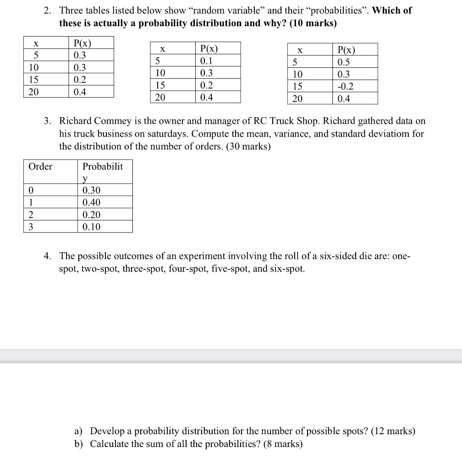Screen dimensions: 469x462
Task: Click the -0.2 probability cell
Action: [x=345, y=87]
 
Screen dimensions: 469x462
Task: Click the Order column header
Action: [x=40, y=166]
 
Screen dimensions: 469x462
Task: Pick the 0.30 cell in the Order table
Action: [x=91, y=191]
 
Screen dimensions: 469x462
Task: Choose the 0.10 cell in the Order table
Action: [x=91, y=227]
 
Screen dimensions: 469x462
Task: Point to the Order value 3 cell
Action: [x=31, y=227]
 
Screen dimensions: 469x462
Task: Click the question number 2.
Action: [x=48, y=10]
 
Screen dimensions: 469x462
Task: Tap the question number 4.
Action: [x=48, y=256]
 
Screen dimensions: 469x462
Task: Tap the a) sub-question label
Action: [x=78, y=431]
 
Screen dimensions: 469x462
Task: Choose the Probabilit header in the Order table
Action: [x=103, y=166]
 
